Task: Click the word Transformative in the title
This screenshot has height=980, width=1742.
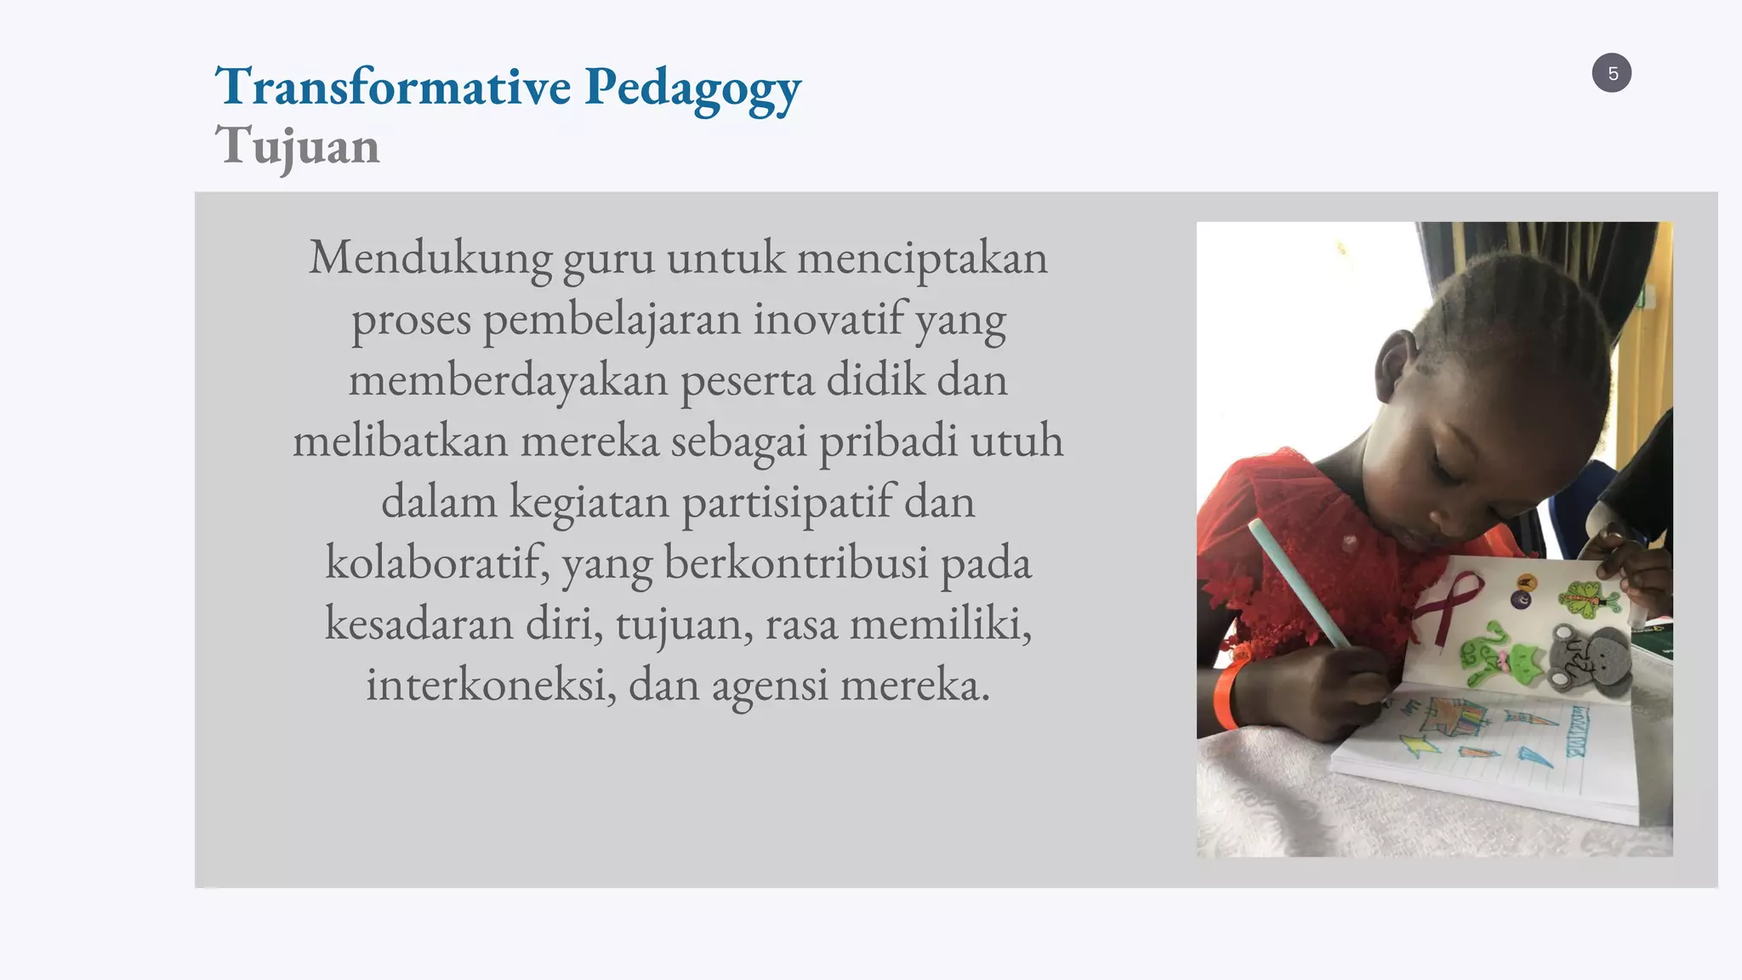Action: (x=393, y=87)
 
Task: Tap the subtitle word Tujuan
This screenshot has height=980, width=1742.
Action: (x=297, y=146)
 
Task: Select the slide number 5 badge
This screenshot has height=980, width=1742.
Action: (x=1611, y=73)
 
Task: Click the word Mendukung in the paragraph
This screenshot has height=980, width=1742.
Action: (x=430, y=258)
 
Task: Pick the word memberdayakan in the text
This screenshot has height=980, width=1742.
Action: (x=508, y=380)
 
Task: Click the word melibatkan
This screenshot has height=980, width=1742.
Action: (x=400, y=442)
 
